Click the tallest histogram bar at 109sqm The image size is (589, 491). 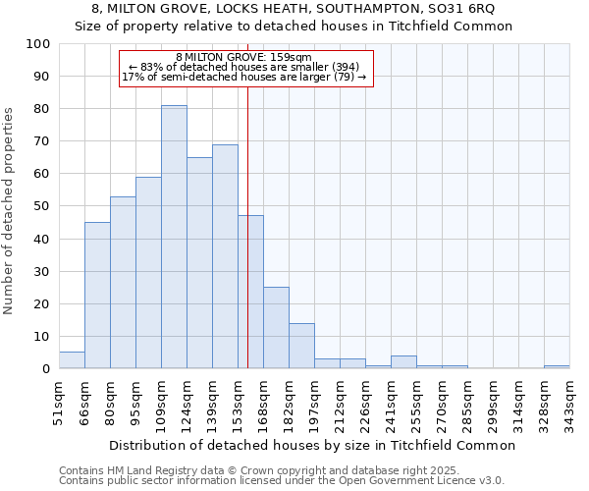pos(174,237)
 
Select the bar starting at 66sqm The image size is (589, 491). pos(97,295)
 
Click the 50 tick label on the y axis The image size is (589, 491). pos(42,206)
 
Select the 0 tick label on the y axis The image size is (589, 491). pos(46,369)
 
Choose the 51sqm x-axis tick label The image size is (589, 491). pos(59,403)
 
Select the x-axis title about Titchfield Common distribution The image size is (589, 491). pos(312,445)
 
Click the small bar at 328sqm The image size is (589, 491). pos(557,366)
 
